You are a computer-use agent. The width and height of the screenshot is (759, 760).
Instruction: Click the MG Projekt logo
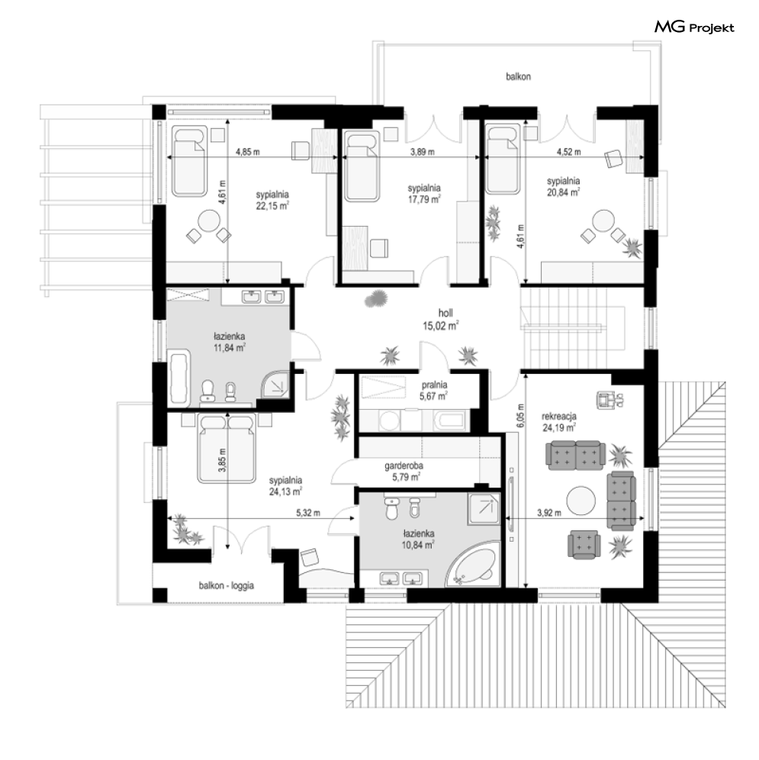694,27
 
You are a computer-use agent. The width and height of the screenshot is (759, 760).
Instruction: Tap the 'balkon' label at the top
518,76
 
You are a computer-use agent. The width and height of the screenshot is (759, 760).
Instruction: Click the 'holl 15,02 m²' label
441,320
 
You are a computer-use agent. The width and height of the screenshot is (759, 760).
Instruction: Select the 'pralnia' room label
434,385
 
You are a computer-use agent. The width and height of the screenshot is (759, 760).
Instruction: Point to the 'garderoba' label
404,465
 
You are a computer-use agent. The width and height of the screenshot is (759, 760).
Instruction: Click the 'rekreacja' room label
559,416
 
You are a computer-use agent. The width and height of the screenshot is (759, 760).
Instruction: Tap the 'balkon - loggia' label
227,585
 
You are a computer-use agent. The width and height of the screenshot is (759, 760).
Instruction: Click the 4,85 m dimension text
248,152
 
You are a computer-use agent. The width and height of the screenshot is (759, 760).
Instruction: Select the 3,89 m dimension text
422,152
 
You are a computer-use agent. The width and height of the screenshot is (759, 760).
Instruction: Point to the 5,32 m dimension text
308,513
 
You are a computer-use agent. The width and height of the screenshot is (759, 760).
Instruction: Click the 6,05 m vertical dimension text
520,415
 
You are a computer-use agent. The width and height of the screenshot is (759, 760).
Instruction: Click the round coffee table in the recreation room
581,501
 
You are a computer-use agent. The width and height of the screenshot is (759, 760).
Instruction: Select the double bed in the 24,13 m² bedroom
227,449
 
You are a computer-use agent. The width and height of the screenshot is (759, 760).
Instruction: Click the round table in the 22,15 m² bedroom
209,222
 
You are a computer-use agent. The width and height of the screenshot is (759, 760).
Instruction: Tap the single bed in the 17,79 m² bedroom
362,166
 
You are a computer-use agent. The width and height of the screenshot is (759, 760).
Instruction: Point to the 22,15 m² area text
272,205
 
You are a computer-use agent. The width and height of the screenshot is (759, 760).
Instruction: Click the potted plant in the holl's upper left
375,298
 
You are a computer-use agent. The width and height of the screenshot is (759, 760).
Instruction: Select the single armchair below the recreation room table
584,544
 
